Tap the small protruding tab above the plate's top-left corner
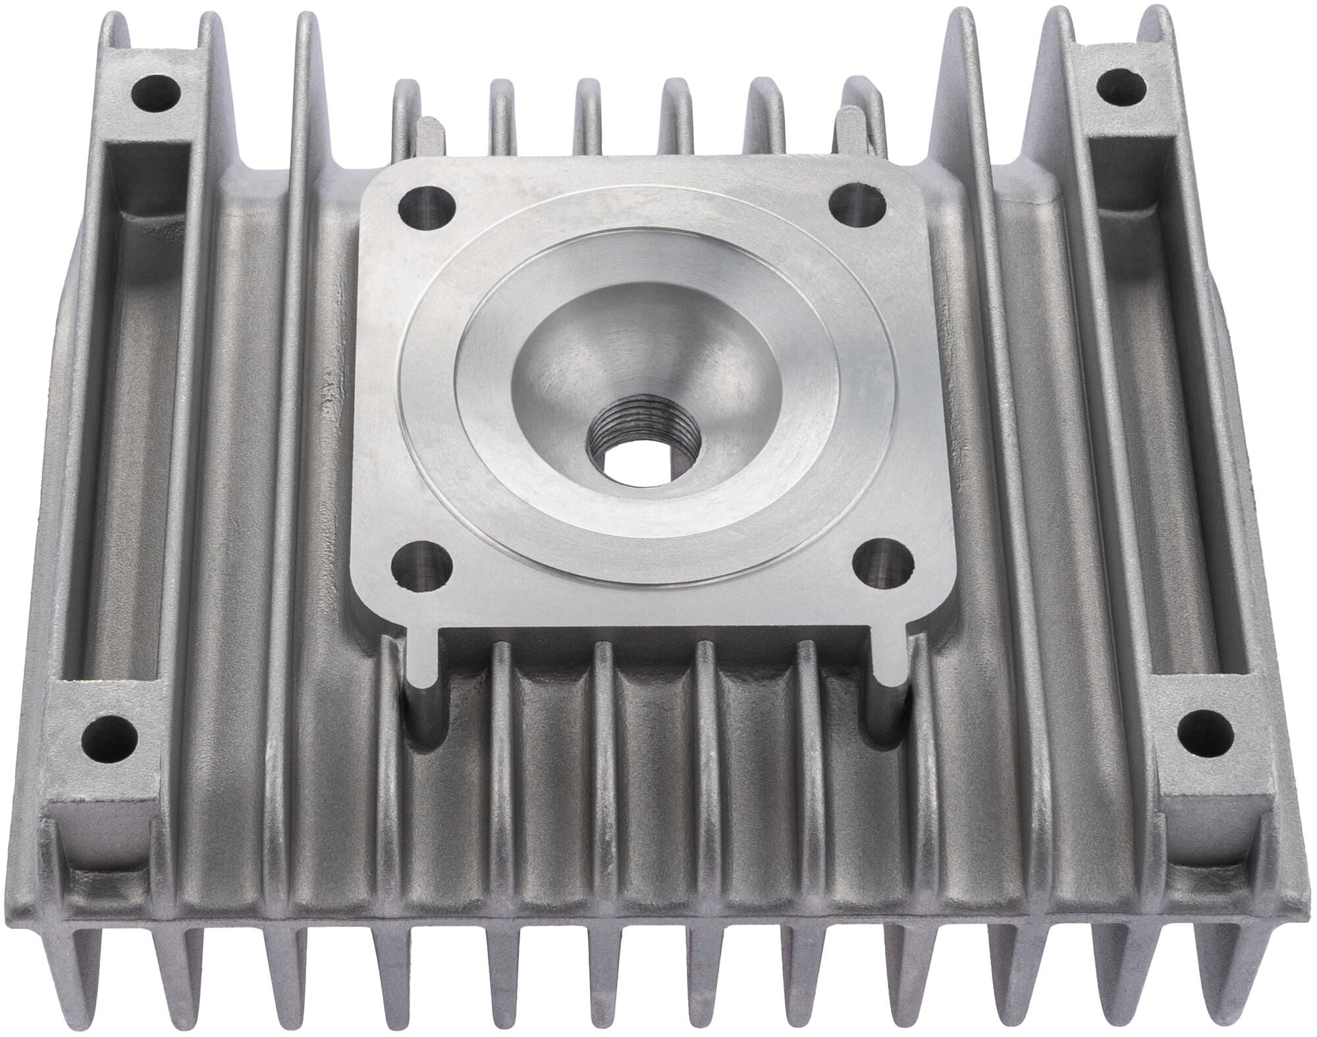pos(427,132)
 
